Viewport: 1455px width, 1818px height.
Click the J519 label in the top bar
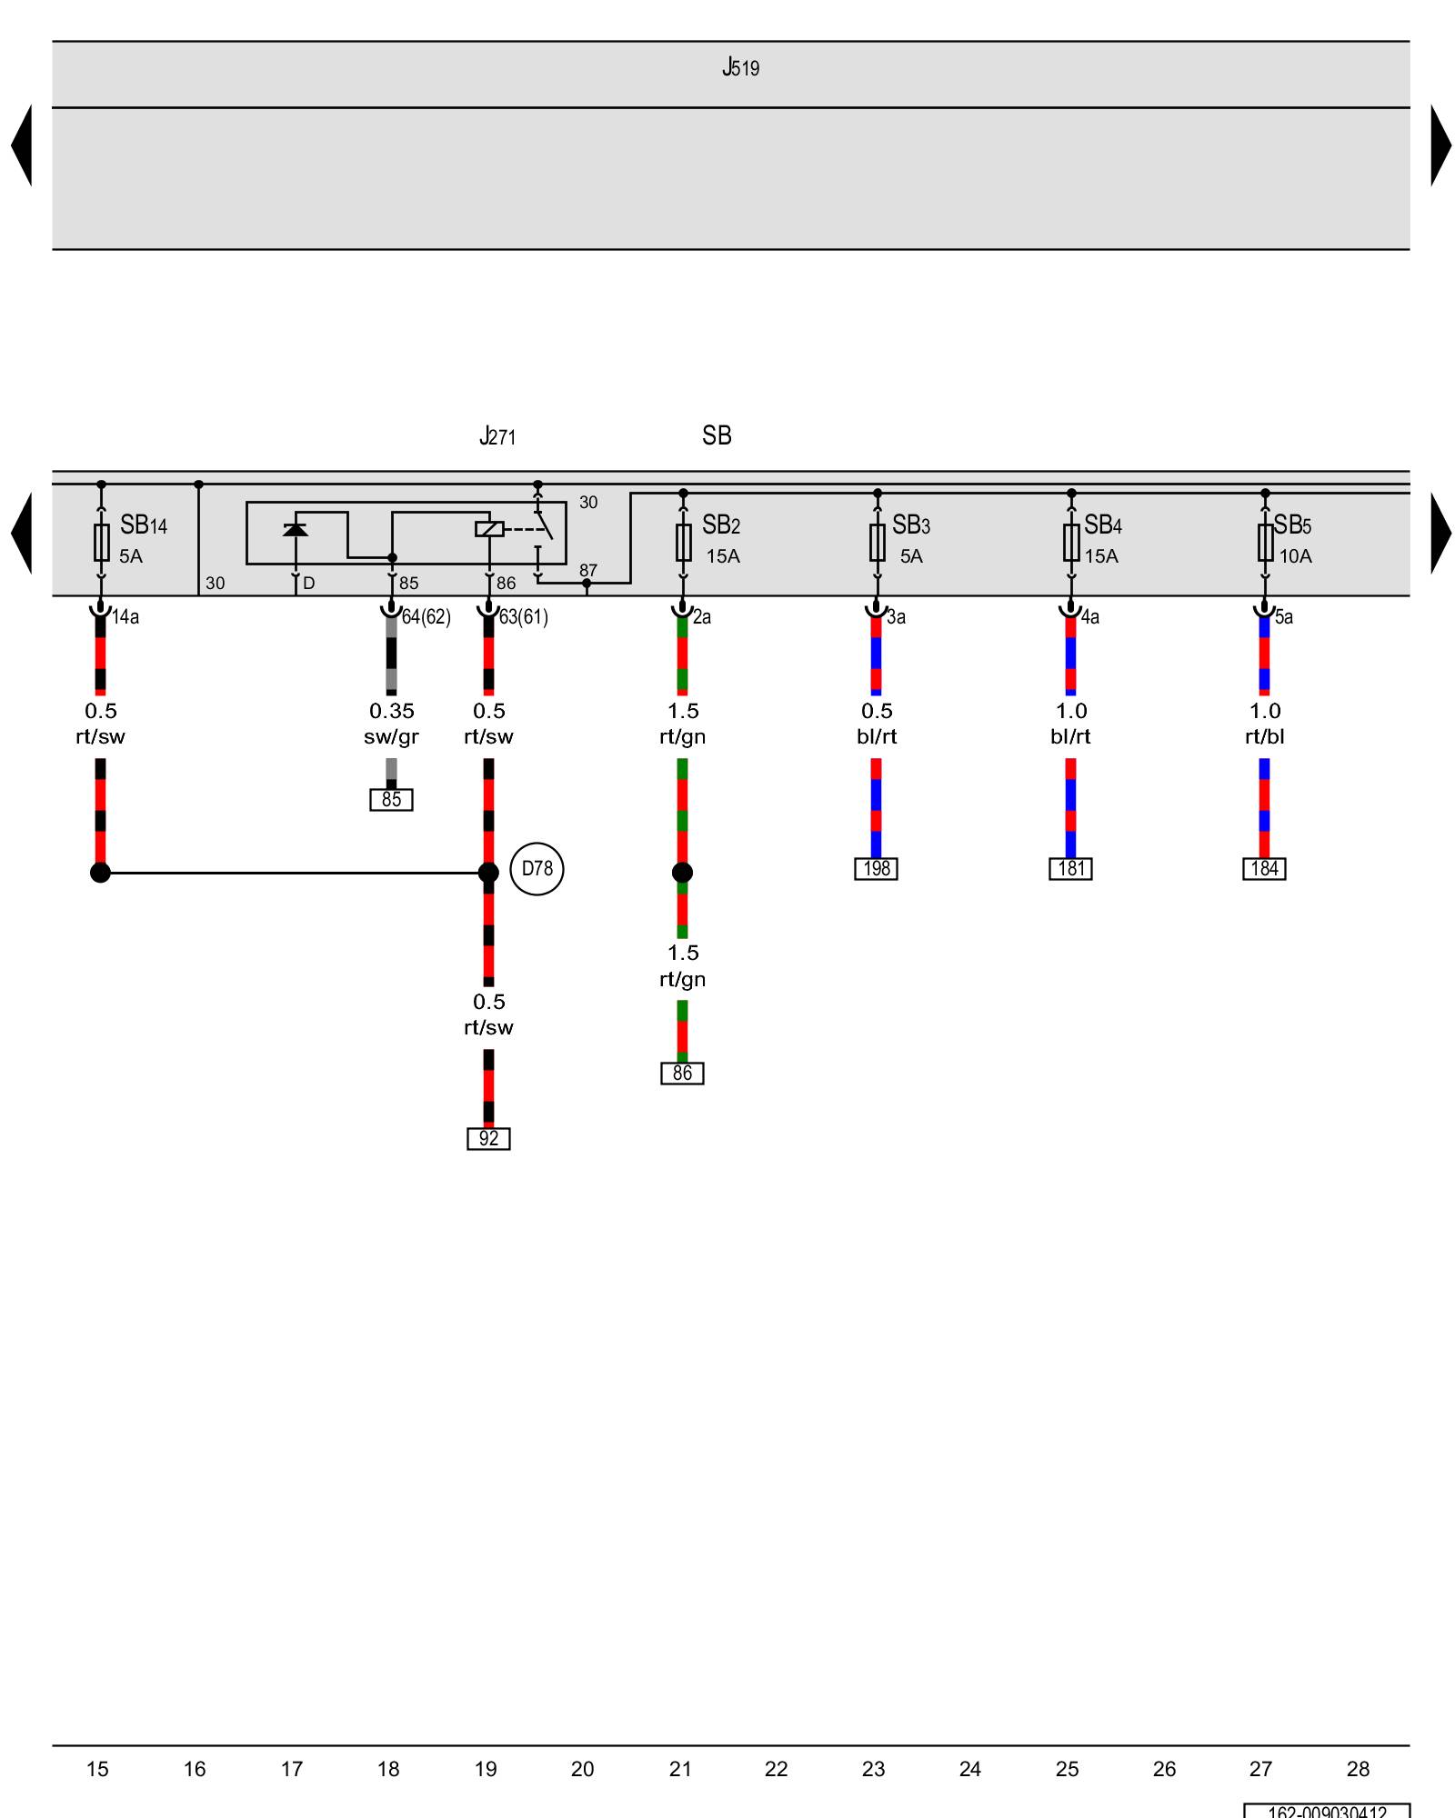point(740,68)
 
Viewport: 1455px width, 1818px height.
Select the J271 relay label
point(497,436)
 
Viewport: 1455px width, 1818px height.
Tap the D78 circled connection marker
point(537,869)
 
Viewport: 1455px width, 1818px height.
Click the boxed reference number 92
point(488,1138)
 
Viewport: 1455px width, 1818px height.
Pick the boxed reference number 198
point(876,869)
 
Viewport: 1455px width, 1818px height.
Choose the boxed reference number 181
point(1070,869)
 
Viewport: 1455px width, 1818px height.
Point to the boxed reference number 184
point(1264,869)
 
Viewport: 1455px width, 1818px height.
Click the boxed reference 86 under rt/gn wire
point(682,1074)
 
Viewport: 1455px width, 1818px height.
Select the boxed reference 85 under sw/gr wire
point(391,800)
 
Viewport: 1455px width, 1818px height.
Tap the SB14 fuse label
point(144,525)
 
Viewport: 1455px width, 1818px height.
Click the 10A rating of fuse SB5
point(1295,556)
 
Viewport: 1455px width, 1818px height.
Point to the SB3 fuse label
point(910,525)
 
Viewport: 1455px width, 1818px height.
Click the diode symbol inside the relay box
point(296,529)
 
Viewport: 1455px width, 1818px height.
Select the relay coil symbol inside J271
point(489,528)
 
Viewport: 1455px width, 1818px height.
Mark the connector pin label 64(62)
point(426,617)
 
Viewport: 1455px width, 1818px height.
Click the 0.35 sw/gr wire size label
point(391,724)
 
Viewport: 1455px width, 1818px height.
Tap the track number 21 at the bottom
point(680,1769)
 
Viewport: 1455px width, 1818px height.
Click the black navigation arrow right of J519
point(1440,145)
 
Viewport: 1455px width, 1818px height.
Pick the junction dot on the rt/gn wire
point(682,873)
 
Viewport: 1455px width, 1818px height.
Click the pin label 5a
point(1283,617)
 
